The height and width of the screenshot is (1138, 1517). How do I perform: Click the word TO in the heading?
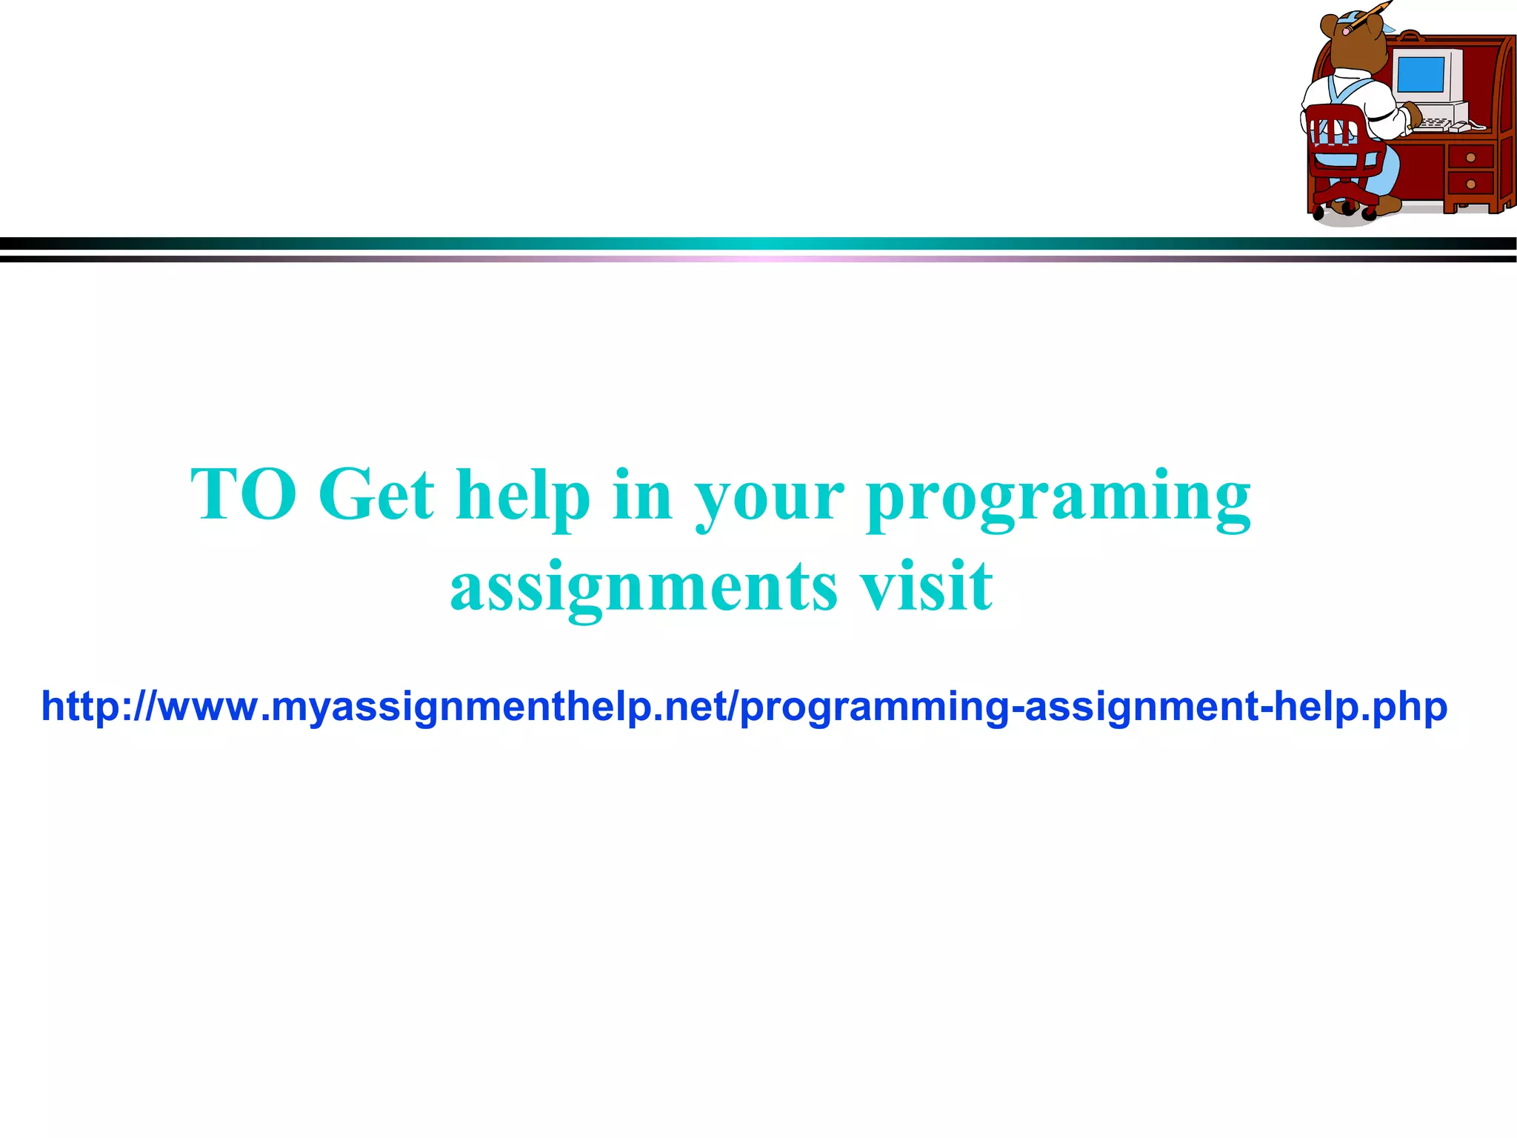[244, 495]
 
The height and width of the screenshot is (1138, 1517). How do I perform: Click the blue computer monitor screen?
[1420, 75]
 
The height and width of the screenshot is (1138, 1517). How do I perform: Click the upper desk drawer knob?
[1470, 158]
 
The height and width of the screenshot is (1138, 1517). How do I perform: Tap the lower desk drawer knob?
[1470, 184]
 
